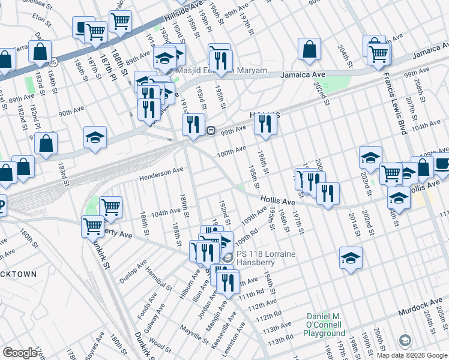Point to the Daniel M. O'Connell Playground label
click(326, 324)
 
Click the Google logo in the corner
click(20, 352)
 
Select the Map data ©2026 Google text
click(412, 355)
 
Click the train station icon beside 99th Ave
click(211, 130)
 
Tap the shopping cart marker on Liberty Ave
click(92, 226)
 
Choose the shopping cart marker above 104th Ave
click(111, 207)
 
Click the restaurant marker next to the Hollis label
click(264, 124)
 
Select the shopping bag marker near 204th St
click(309, 50)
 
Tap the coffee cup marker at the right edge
click(442, 163)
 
